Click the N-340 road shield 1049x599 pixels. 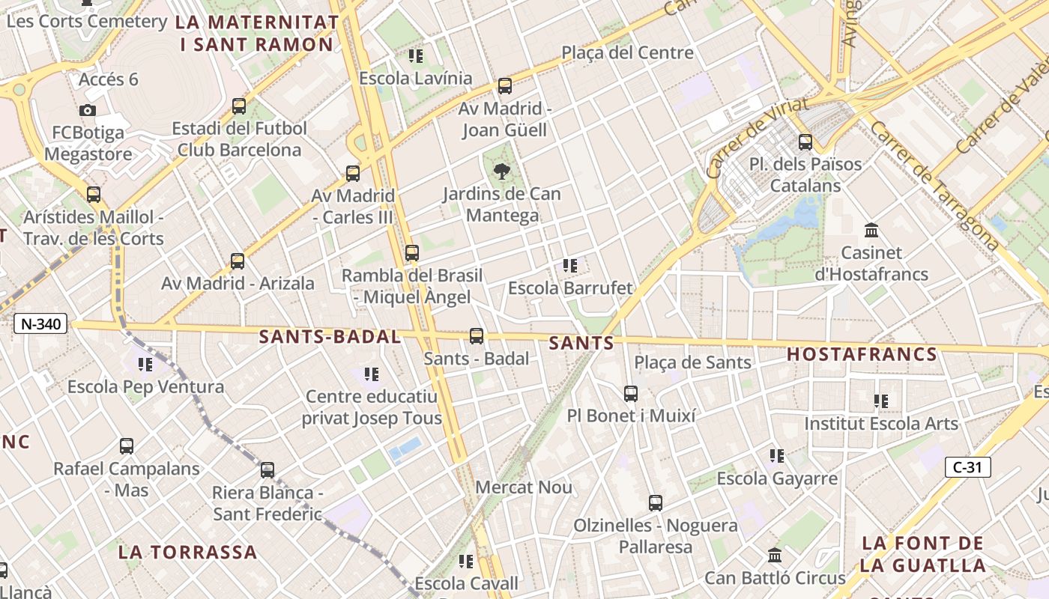click(x=40, y=324)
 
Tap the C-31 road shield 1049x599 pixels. click(x=967, y=467)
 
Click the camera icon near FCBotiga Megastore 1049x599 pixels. click(x=88, y=111)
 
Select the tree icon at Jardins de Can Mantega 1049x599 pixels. click(x=501, y=171)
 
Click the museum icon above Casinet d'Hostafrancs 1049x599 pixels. click(x=871, y=230)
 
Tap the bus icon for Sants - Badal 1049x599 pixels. click(x=477, y=336)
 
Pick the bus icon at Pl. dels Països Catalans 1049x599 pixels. click(x=805, y=142)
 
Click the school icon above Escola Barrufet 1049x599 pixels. click(x=570, y=266)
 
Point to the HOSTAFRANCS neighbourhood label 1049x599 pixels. click(x=862, y=354)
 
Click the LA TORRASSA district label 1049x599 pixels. click(x=187, y=553)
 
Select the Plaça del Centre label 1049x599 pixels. click(x=627, y=52)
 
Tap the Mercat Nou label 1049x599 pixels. click(x=524, y=487)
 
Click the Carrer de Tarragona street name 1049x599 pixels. click(x=934, y=186)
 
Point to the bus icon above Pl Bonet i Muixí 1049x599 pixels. click(x=631, y=393)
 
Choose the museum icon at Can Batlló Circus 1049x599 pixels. click(x=775, y=556)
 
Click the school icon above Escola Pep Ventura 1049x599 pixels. click(x=145, y=365)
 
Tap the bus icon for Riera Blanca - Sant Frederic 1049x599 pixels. click(x=267, y=470)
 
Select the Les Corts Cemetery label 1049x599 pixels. click(x=86, y=21)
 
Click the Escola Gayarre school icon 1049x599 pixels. click(x=777, y=455)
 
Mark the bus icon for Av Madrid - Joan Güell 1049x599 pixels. click(x=505, y=86)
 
